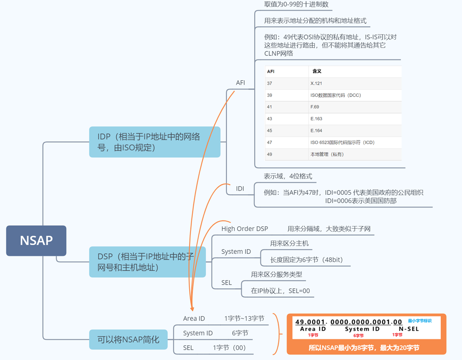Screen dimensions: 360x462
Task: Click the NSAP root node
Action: pos(36,241)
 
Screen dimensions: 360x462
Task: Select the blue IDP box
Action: pos(154,142)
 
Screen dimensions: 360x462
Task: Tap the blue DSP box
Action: pos(147,262)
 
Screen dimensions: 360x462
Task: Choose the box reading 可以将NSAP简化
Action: pos(128,340)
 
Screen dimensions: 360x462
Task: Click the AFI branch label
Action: pos(241,83)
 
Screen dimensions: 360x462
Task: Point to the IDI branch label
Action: pos(240,188)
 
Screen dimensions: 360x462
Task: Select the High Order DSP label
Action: pos(245,229)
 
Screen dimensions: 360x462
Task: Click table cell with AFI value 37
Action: pos(270,84)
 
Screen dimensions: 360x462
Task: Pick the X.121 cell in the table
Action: pos(316,84)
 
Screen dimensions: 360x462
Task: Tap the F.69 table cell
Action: pos(315,107)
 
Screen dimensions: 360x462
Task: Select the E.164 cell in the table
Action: pos(316,131)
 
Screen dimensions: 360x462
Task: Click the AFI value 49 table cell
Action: pos(270,154)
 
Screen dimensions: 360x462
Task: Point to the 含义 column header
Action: pos(317,71)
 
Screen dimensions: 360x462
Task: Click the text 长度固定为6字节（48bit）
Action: pos(306,260)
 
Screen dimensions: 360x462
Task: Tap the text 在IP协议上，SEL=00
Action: pos(280,291)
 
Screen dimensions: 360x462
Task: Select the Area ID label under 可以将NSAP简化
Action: pos(194,319)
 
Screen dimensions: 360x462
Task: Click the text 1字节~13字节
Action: pos(244,319)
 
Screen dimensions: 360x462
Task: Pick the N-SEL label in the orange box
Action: pos(408,329)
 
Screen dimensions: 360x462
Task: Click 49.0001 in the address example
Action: pos(310,322)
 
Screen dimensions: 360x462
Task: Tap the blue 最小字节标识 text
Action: pos(419,321)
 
